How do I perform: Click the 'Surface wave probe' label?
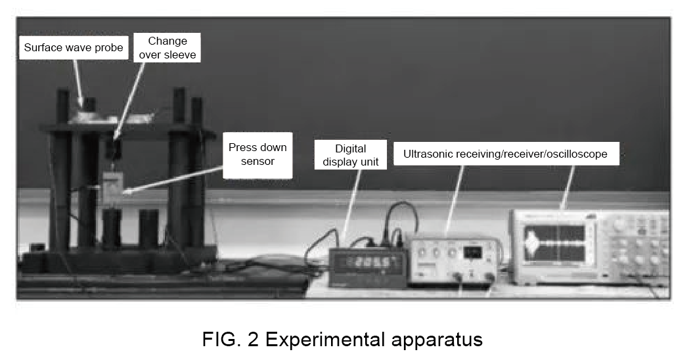[x=72, y=47]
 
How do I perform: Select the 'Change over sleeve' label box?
[x=167, y=48]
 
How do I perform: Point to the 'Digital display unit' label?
[x=350, y=155]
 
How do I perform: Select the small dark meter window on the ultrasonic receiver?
[x=473, y=252]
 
